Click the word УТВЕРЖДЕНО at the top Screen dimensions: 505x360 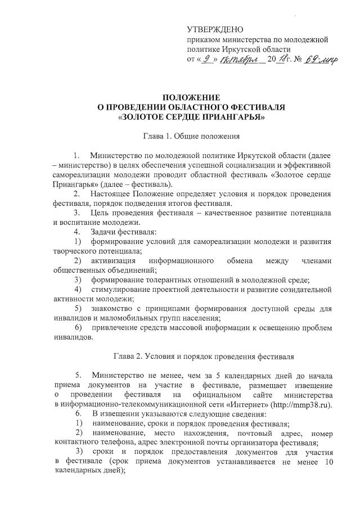coord(215,29)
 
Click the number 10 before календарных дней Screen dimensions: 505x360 coord(326,461)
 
